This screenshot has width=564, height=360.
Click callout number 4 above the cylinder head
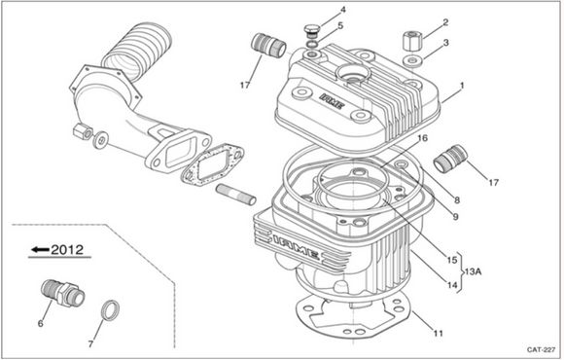343,10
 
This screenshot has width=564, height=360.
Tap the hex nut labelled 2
412,42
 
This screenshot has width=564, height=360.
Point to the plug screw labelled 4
310,30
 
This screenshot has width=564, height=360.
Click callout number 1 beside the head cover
462,86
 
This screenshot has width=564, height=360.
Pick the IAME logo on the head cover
333,101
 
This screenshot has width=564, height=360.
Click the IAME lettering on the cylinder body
296,246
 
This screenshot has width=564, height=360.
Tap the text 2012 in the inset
67,249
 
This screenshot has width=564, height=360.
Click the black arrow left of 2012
40,249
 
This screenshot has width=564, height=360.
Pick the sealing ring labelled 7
110,309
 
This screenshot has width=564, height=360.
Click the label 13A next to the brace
473,271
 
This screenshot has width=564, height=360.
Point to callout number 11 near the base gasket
439,334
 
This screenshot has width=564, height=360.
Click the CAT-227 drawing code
542,349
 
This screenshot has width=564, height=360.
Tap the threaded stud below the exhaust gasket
235,195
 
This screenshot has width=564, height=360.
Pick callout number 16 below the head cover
423,138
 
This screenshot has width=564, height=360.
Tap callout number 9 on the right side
455,217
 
